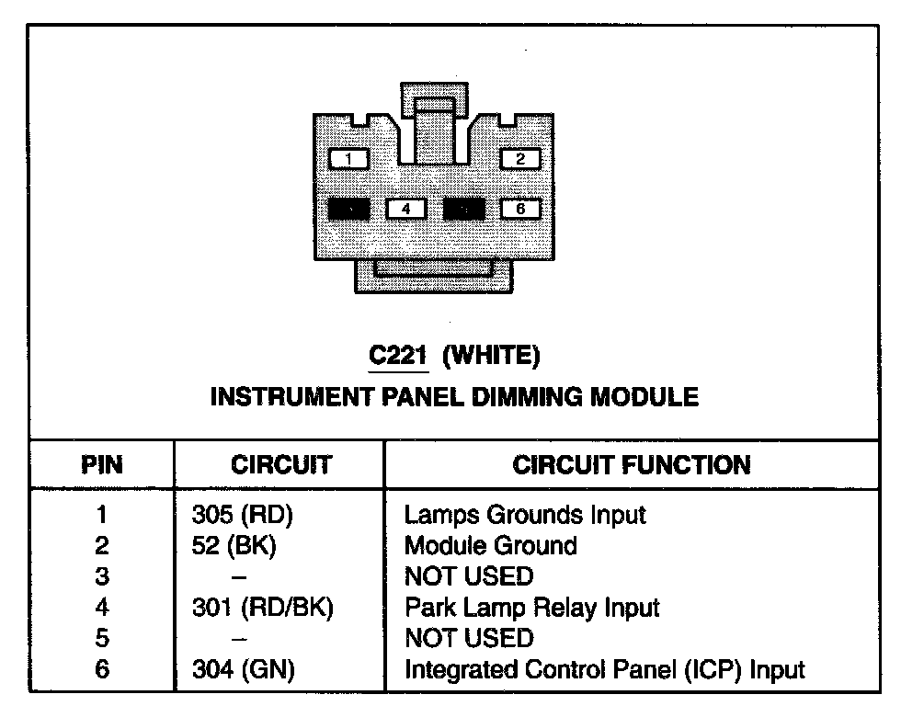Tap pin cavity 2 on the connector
520,159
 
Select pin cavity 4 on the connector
405,210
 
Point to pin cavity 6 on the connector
520,210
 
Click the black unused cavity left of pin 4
349,210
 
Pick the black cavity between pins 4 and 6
463,210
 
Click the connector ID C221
399,355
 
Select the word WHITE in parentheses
491,355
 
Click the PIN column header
102,465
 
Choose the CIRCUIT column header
281,465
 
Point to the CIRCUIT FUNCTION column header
632,465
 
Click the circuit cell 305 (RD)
241,515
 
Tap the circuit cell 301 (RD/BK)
262,608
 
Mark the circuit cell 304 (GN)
243,670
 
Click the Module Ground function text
491,546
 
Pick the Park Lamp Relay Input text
532,608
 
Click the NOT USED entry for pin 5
469,639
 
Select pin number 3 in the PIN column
102,577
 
